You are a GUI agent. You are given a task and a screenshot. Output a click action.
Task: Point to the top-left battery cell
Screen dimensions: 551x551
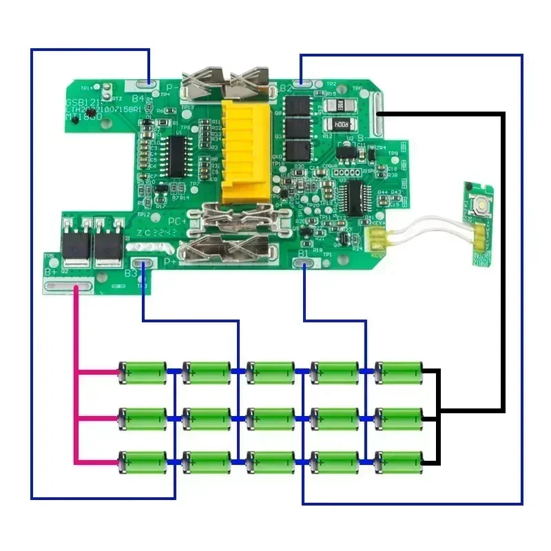click(143, 372)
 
